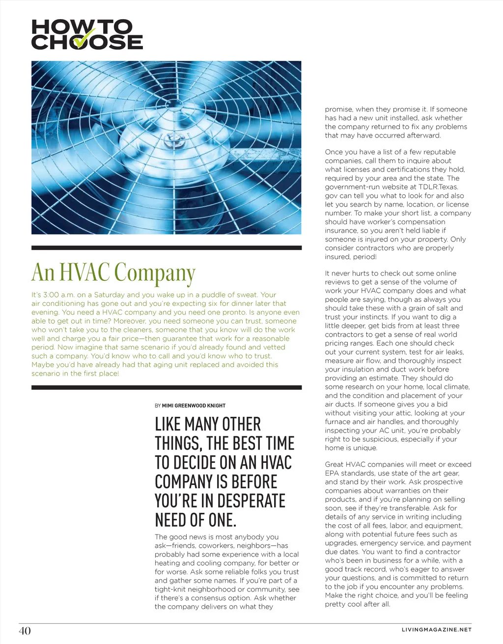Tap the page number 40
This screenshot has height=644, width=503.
click(25, 631)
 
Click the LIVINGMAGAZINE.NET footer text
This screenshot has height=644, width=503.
click(436, 630)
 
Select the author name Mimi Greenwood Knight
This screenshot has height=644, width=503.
click(194, 405)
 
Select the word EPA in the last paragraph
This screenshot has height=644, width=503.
click(332, 473)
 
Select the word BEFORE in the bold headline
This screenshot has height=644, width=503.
click(252, 482)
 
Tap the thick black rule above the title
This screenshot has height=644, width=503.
click(167, 248)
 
